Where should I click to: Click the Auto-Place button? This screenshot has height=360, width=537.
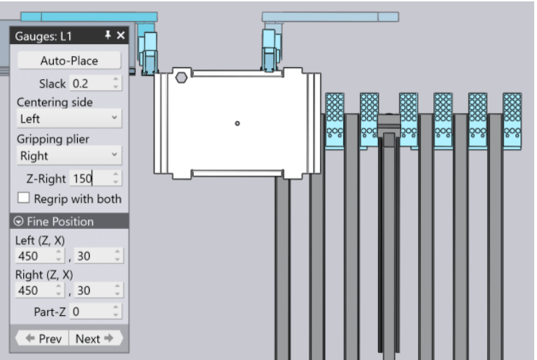(69, 61)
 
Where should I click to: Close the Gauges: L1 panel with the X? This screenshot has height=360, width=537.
(120, 35)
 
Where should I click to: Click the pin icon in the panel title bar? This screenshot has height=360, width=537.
(108, 34)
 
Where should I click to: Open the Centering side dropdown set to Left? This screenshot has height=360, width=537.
(69, 118)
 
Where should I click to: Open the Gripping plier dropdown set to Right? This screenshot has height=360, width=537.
(69, 155)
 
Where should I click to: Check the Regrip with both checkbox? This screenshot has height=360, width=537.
(23, 198)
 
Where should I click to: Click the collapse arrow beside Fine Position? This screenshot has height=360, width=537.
(18, 221)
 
